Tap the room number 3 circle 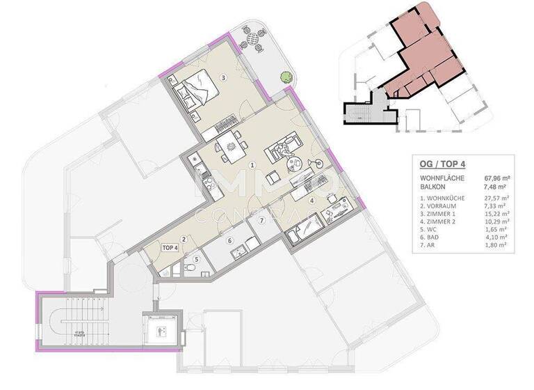click(223, 77)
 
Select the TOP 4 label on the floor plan click(170, 247)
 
